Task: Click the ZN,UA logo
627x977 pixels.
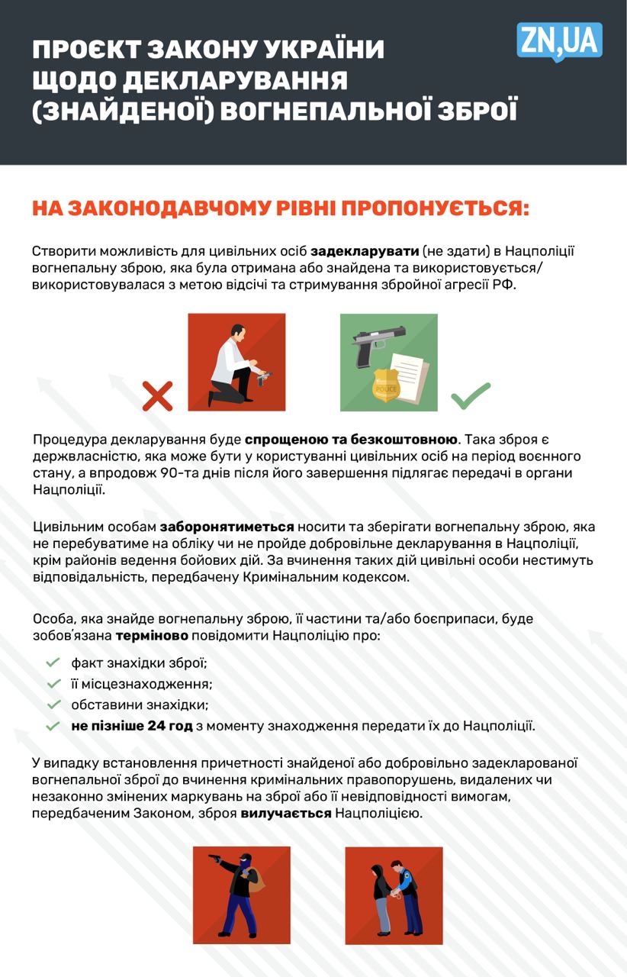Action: (559, 41)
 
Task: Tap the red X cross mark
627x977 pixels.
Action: (158, 397)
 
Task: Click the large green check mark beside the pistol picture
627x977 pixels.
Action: (470, 395)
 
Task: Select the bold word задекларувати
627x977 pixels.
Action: (365, 251)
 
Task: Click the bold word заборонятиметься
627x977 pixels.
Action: (227, 527)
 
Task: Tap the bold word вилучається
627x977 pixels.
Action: (286, 813)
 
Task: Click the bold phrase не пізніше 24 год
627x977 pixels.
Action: (132, 725)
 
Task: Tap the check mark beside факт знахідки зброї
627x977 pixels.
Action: (53, 663)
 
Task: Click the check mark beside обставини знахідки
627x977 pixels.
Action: (53, 704)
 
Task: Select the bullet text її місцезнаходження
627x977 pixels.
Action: (142, 684)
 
